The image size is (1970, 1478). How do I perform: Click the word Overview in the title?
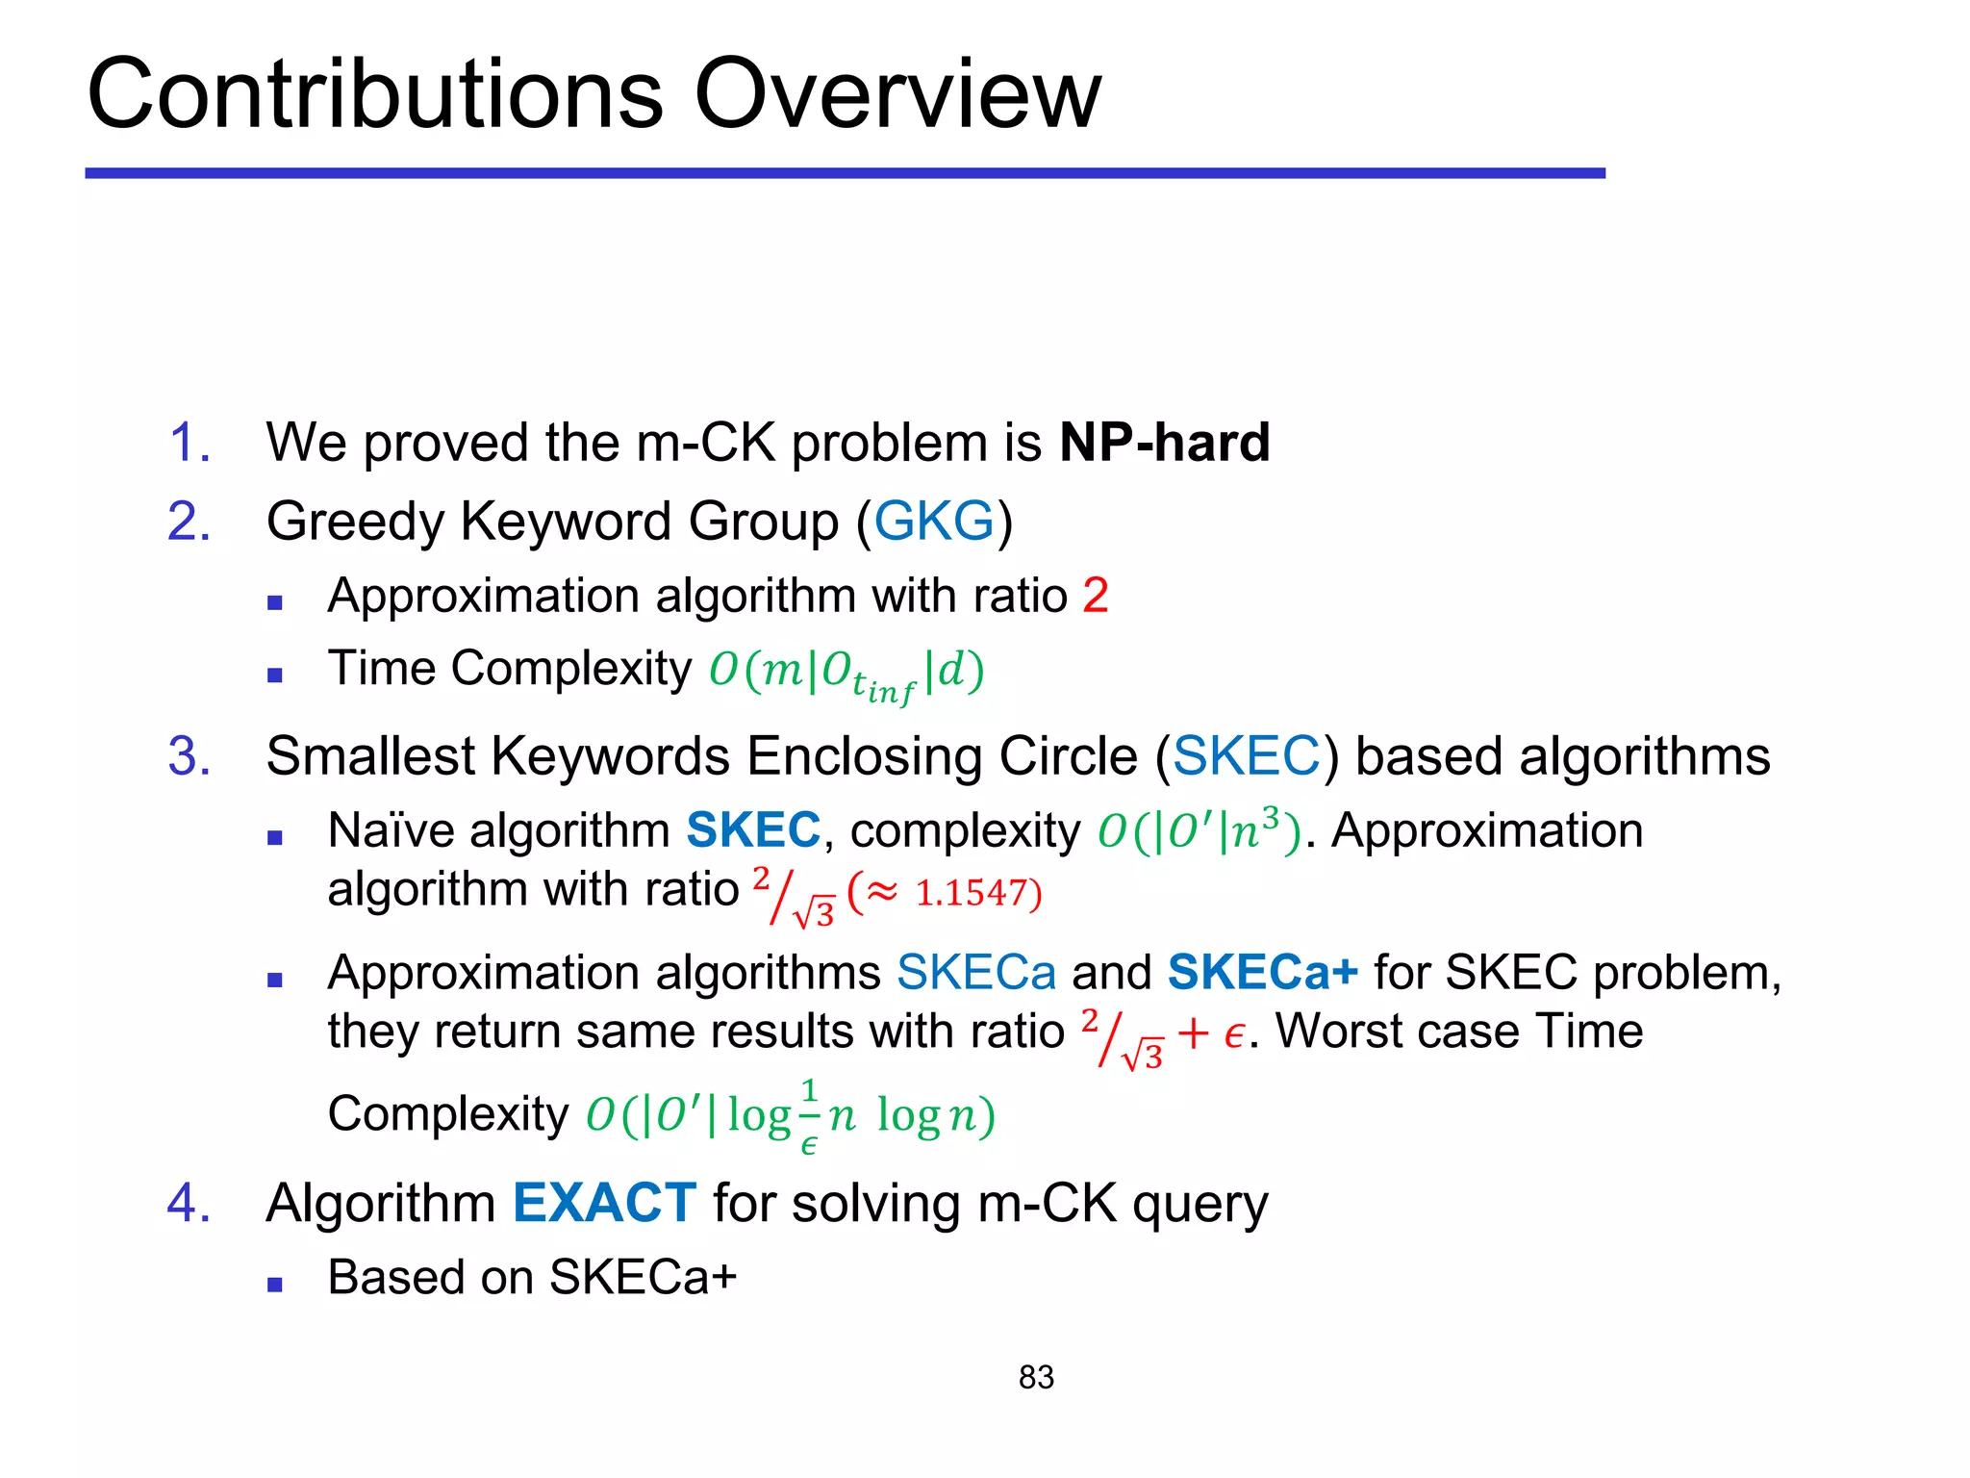click(897, 94)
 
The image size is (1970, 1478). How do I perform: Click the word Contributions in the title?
click(375, 94)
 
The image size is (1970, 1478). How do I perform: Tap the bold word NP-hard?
click(1164, 443)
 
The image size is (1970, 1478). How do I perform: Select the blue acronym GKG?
click(933, 522)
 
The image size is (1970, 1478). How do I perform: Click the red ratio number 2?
click(1096, 596)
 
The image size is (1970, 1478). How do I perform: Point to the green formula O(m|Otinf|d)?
click(846, 672)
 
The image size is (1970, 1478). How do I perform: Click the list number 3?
click(189, 756)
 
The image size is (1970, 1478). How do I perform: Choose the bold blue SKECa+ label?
click(1262, 972)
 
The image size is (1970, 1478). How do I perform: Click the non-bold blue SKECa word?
click(975, 972)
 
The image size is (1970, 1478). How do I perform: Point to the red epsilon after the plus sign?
click(1234, 1035)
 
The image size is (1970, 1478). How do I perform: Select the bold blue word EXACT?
click(604, 1203)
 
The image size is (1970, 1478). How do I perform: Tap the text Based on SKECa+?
click(532, 1278)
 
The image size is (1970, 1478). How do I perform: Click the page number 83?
click(1036, 1377)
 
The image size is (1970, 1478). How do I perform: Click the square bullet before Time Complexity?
click(275, 675)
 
